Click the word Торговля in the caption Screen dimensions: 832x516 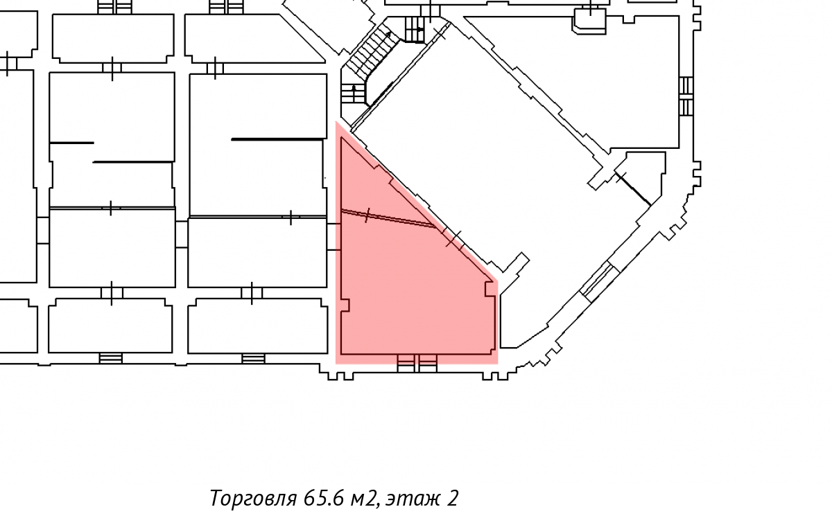[253, 499]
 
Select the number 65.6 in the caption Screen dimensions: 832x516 [324, 498]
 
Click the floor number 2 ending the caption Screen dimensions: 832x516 [452, 498]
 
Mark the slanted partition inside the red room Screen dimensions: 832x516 [388, 218]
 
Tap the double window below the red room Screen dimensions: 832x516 [417, 363]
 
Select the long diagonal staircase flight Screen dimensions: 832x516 [372, 55]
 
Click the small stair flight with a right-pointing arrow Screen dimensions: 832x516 [415, 29]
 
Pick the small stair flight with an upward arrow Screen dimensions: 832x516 [353, 94]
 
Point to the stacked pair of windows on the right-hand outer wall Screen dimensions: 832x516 [686, 96]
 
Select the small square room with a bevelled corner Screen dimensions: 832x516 [590, 21]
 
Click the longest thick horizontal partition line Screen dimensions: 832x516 [279, 139]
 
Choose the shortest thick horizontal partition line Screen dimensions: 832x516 [71, 143]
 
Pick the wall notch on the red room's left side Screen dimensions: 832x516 [345, 305]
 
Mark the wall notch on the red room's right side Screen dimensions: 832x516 [490, 289]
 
